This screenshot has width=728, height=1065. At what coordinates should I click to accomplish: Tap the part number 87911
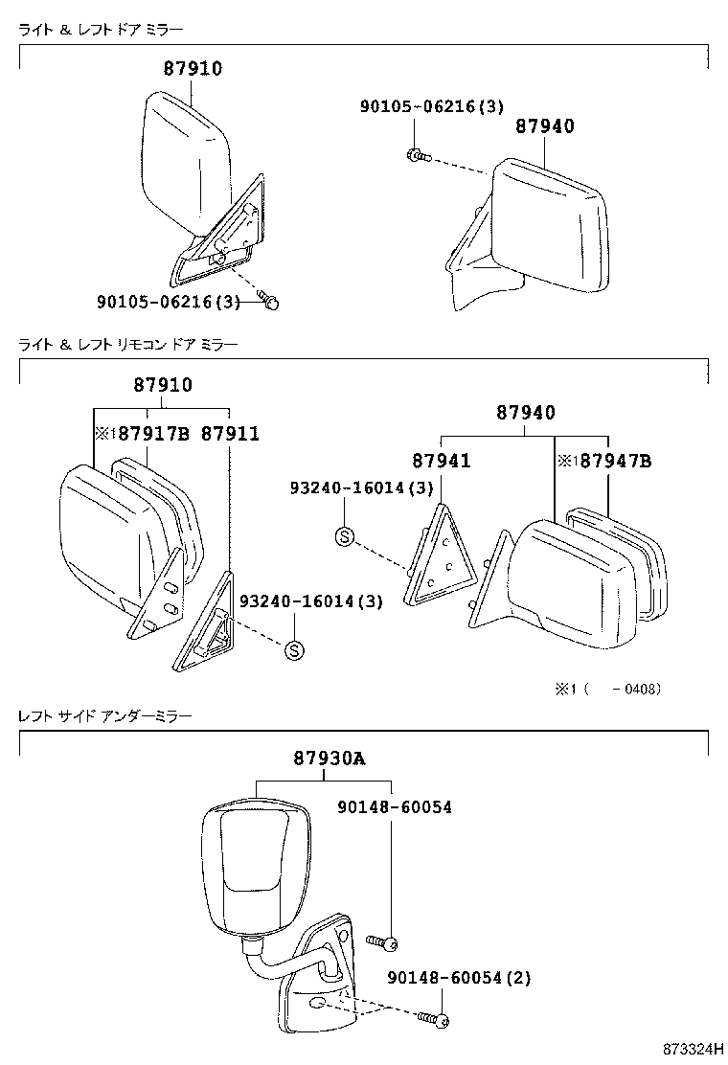(x=230, y=434)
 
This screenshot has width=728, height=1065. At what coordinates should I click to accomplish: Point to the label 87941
(x=442, y=462)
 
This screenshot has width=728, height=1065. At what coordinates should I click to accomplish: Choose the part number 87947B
(x=610, y=462)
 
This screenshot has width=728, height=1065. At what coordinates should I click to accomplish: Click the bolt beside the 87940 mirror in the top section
(x=419, y=154)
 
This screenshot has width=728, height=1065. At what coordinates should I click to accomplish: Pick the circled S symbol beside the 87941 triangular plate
(x=344, y=536)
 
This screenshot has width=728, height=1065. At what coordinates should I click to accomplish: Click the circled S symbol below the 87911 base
(x=294, y=650)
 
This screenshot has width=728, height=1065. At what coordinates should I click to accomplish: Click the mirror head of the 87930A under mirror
(x=257, y=870)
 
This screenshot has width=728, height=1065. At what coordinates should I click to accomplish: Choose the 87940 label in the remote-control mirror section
(x=525, y=413)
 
